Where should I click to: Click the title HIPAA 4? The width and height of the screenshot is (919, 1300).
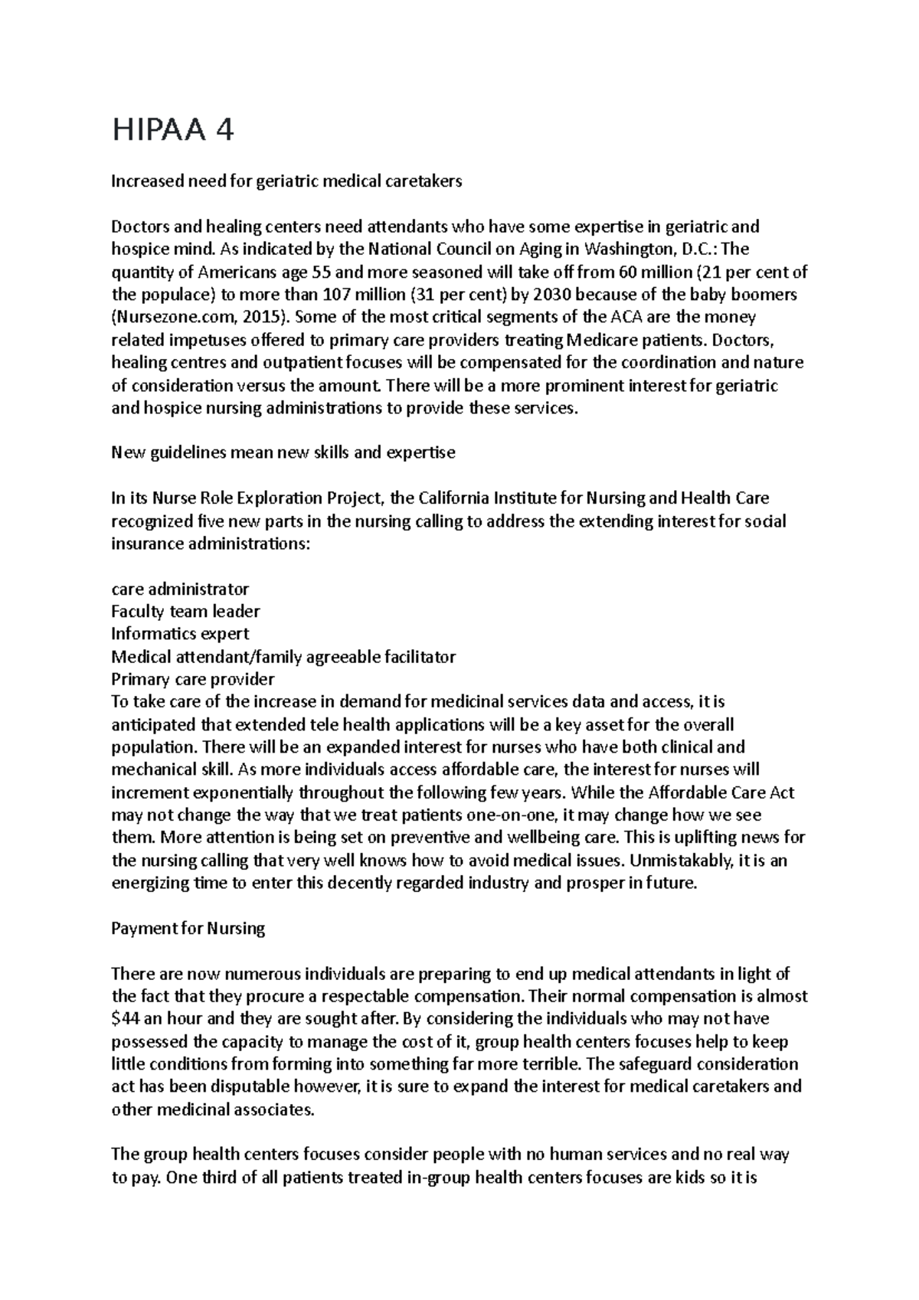[x=172, y=131]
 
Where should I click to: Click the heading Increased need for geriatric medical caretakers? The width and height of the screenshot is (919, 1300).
[x=286, y=181]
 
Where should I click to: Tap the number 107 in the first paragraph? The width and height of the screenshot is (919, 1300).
[x=338, y=295]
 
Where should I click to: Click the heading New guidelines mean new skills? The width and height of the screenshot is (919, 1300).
[x=283, y=452]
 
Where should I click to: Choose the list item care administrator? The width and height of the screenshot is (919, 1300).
[x=180, y=589]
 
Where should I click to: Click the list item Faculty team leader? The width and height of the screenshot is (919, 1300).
[x=185, y=611]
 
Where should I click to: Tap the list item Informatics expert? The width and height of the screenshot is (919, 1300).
[x=180, y=634]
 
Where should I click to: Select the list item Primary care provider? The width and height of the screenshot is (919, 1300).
[x=192, y=679]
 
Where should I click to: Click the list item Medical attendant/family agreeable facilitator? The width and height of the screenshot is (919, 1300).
[x=283, y=657]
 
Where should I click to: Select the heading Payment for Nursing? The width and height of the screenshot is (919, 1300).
[x=188, y=929]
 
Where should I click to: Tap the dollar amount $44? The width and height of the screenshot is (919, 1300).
[x=126, y=1019]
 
